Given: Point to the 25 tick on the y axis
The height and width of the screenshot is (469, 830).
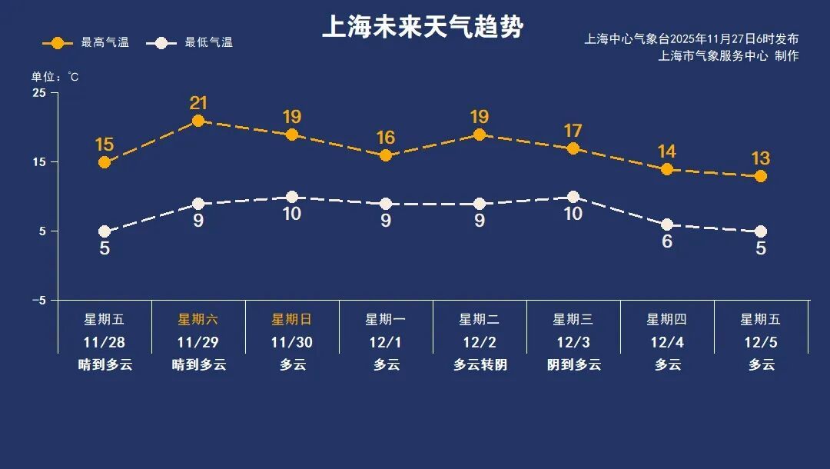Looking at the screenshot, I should coord(39,93).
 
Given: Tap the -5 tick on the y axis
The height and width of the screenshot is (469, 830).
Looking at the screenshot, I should coord(38,301).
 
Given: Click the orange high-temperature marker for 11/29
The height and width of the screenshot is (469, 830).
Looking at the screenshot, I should coord(198,121).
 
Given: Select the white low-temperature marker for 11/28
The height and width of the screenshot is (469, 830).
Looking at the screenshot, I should coord(105,231).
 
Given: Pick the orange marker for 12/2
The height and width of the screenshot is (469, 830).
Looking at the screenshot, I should coord(480,135).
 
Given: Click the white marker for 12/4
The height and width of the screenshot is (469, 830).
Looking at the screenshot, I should coord(667,225).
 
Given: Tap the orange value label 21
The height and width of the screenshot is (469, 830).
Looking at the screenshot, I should coord(199,103).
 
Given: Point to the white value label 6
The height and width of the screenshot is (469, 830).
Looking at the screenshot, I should coord(667,241).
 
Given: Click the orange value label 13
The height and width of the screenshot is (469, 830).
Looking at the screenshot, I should coord(761,158).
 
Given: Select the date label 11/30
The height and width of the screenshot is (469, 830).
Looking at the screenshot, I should coord(292,341).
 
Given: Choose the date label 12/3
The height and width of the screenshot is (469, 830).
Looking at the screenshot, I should coord(573,341).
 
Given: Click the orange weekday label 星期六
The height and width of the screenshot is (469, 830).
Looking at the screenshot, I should coord(198,319).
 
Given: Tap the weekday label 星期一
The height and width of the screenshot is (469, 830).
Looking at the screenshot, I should coord(386,319).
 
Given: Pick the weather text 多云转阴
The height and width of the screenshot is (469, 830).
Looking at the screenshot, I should coord(480,365).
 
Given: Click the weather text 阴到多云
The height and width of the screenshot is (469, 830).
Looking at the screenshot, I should coord(573,365).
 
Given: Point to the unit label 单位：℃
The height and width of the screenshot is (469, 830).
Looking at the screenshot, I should coord(55,77).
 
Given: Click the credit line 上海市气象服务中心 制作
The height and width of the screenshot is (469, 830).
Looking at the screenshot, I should coord(729,56).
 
